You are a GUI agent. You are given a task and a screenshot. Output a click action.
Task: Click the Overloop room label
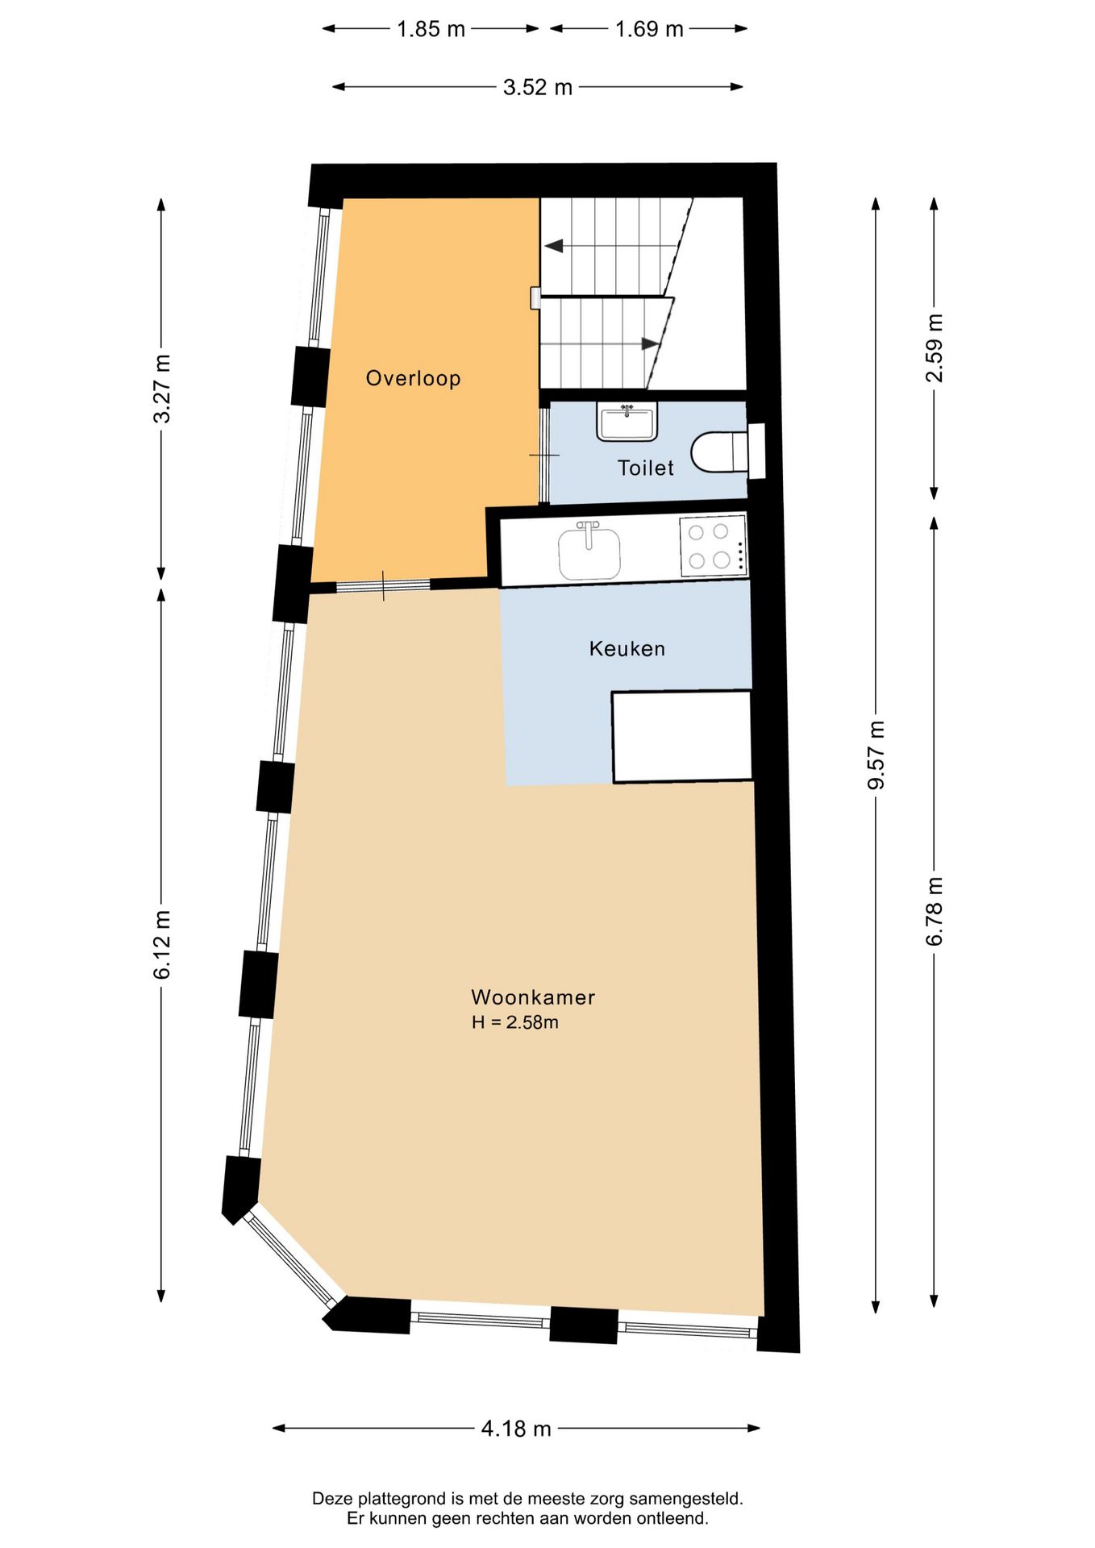pos(413,378)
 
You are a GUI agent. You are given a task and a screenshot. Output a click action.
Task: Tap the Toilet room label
pos(645,468)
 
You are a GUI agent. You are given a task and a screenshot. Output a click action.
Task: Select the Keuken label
pos(627,648)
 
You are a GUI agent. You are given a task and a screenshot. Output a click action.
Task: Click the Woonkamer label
pos(533,997)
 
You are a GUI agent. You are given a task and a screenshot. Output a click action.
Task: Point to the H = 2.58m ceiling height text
pos(514,1022)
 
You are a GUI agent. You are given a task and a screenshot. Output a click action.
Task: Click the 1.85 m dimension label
pos(431,29)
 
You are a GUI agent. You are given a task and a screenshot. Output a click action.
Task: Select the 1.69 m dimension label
pos(649,29)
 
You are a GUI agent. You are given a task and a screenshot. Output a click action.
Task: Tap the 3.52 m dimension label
pos(537,87)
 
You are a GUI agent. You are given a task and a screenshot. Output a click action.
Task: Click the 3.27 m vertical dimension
pos(162,389)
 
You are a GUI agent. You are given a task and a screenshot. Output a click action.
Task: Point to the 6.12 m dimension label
pos(162,944)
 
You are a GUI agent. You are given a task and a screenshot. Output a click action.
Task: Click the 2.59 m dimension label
pos(934,347)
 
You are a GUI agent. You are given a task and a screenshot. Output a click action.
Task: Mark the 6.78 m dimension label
pos(934,911)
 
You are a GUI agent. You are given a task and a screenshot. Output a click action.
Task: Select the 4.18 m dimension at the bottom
pos(516,1429)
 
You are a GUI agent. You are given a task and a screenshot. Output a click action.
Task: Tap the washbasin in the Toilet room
pos(627,422)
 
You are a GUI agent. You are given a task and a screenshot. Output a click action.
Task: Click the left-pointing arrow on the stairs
pos(555,246)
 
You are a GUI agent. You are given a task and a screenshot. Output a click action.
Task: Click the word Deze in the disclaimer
pos(332,1499)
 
